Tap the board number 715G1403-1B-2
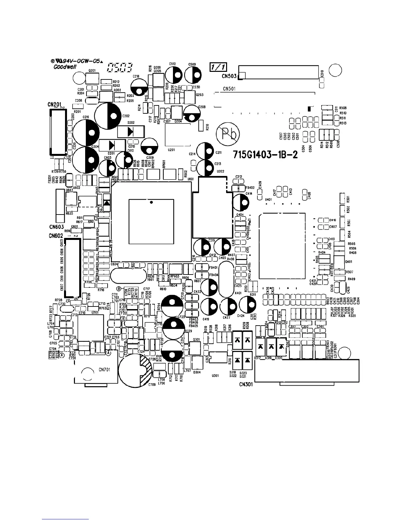[x=265, y=155]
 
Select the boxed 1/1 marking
[x=218, y=67]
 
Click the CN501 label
[x=229, y=88]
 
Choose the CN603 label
[x=56, y=227]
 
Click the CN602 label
[x=56, y=236]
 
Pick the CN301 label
[x=246, y=384]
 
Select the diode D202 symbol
[x=131, y=132]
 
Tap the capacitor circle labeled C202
[x=109, y=116]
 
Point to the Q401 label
[x=349, y=261]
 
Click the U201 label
[x=171, y=150]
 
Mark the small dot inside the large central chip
[x=151, y=202]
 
